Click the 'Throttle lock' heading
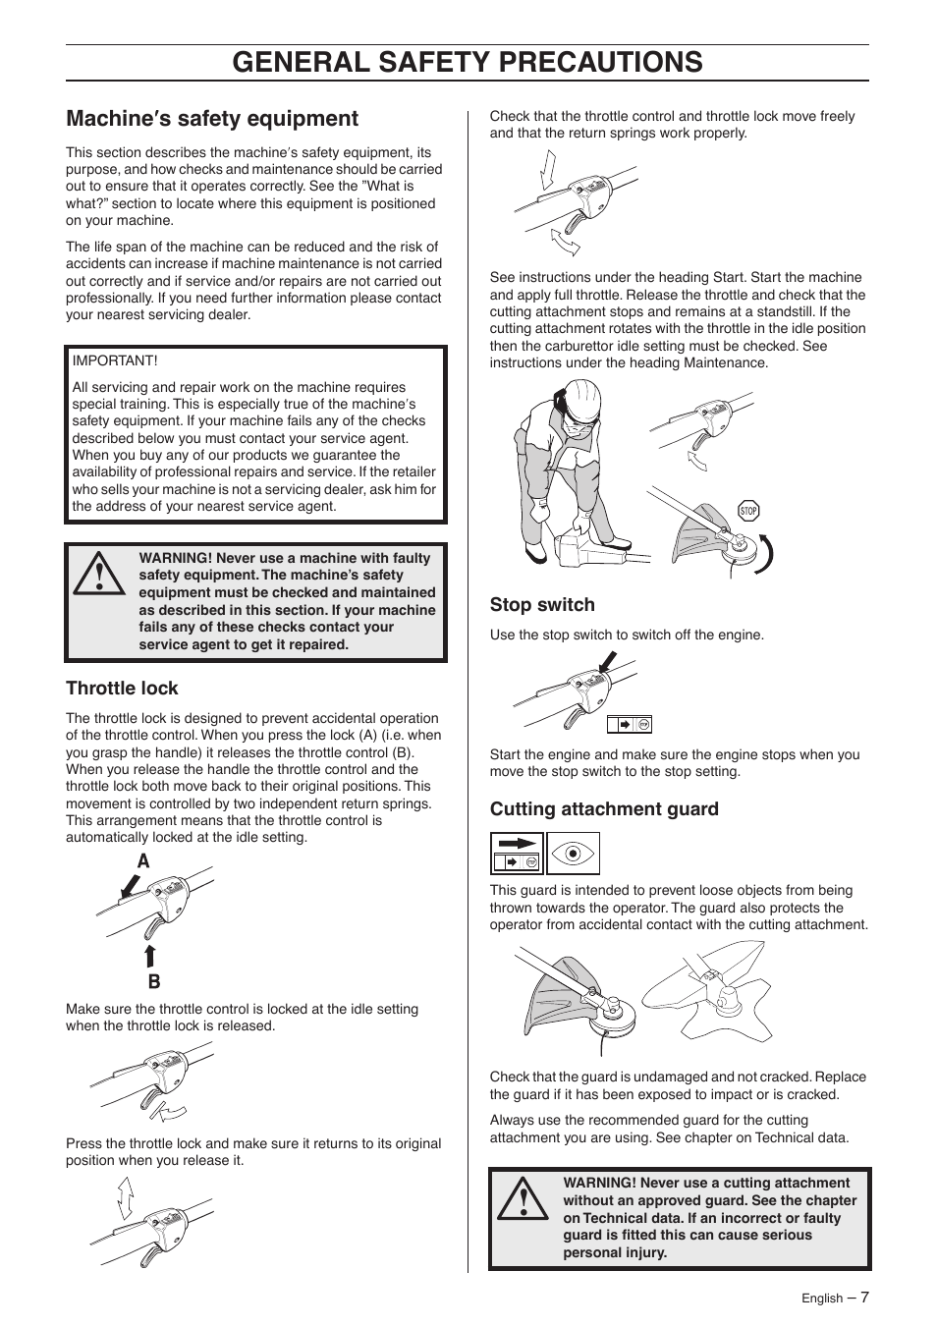click(122, 689)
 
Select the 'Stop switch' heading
click(542, 605)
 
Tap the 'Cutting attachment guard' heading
click(604, 809)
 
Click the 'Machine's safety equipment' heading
click(212, 119)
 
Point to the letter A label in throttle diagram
click(144, 861)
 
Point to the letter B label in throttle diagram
click(154, 981)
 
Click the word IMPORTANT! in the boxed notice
click(115, 361)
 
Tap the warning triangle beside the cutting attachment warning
click(524, 1200)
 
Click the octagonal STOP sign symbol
click(748, 511)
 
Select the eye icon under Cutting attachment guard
click(572, 854)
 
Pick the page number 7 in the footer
click(864, 1297)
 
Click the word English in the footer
click(821, 1299)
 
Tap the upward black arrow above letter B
click(151, 956)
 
